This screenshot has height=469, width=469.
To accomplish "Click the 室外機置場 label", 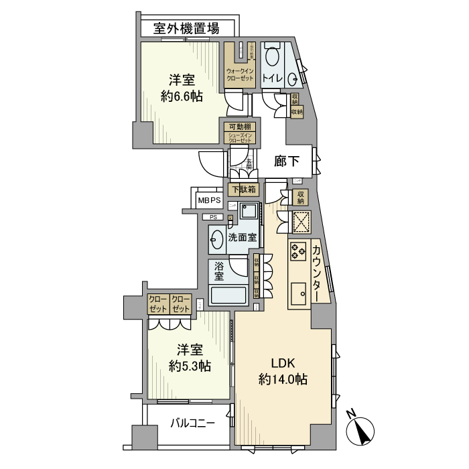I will coord(186,28).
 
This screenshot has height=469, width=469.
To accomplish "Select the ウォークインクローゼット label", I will coord(240,74).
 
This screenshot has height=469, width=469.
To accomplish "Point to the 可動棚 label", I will coord(240,127).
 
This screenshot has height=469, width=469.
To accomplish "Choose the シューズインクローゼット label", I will coord(240,139).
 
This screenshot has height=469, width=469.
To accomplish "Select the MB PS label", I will coord(209,200).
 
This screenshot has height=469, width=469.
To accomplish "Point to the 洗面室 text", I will coord(242,237).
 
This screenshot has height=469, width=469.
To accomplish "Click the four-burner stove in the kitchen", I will coord(297,251).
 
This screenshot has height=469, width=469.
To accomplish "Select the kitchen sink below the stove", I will coord(299,293).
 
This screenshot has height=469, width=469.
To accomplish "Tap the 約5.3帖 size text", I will coord(190,366).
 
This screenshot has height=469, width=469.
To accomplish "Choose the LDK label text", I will coord(283,364).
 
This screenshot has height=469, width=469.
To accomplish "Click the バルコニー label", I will coord(192,423).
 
